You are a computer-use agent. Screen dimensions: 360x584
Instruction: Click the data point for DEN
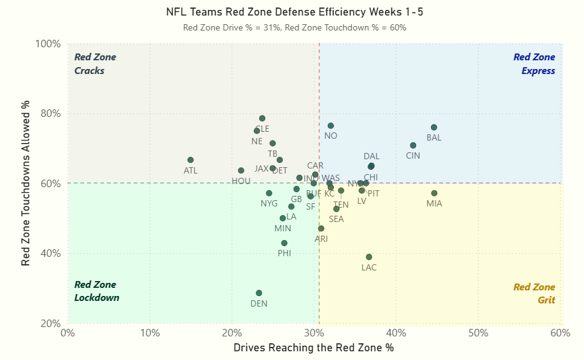coord(259,293)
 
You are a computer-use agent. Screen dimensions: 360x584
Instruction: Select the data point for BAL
coord(433,127)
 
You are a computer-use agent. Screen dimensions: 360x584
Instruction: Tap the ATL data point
coord(190,160)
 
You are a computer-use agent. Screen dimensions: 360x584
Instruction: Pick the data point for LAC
coord(369,257)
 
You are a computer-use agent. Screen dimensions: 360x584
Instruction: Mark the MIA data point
coord(434,193)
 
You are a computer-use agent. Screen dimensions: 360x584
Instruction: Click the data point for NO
coord(330,126)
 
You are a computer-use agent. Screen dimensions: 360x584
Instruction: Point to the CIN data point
coord(413,145)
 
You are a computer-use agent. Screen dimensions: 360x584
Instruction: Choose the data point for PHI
coord(284,243)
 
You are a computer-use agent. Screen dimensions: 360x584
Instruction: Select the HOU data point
coord(241,170)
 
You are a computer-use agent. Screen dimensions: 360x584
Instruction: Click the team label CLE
coord(262,129)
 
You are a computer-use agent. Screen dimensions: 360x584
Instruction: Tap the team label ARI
coord(321,239)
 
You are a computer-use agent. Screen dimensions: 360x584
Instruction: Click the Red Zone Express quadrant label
coord(534,64)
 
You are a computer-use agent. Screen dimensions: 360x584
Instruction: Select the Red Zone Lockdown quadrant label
coord(96,291)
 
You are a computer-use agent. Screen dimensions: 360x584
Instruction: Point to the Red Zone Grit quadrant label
coord(534,293)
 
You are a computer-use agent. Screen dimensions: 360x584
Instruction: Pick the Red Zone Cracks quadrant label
coord(95,64)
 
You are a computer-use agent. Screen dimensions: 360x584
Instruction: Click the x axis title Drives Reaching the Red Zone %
coord(313,348)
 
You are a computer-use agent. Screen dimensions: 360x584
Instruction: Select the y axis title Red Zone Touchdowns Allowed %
coord(26,183)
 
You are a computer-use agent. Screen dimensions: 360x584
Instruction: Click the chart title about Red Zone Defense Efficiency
coord(295,12)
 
